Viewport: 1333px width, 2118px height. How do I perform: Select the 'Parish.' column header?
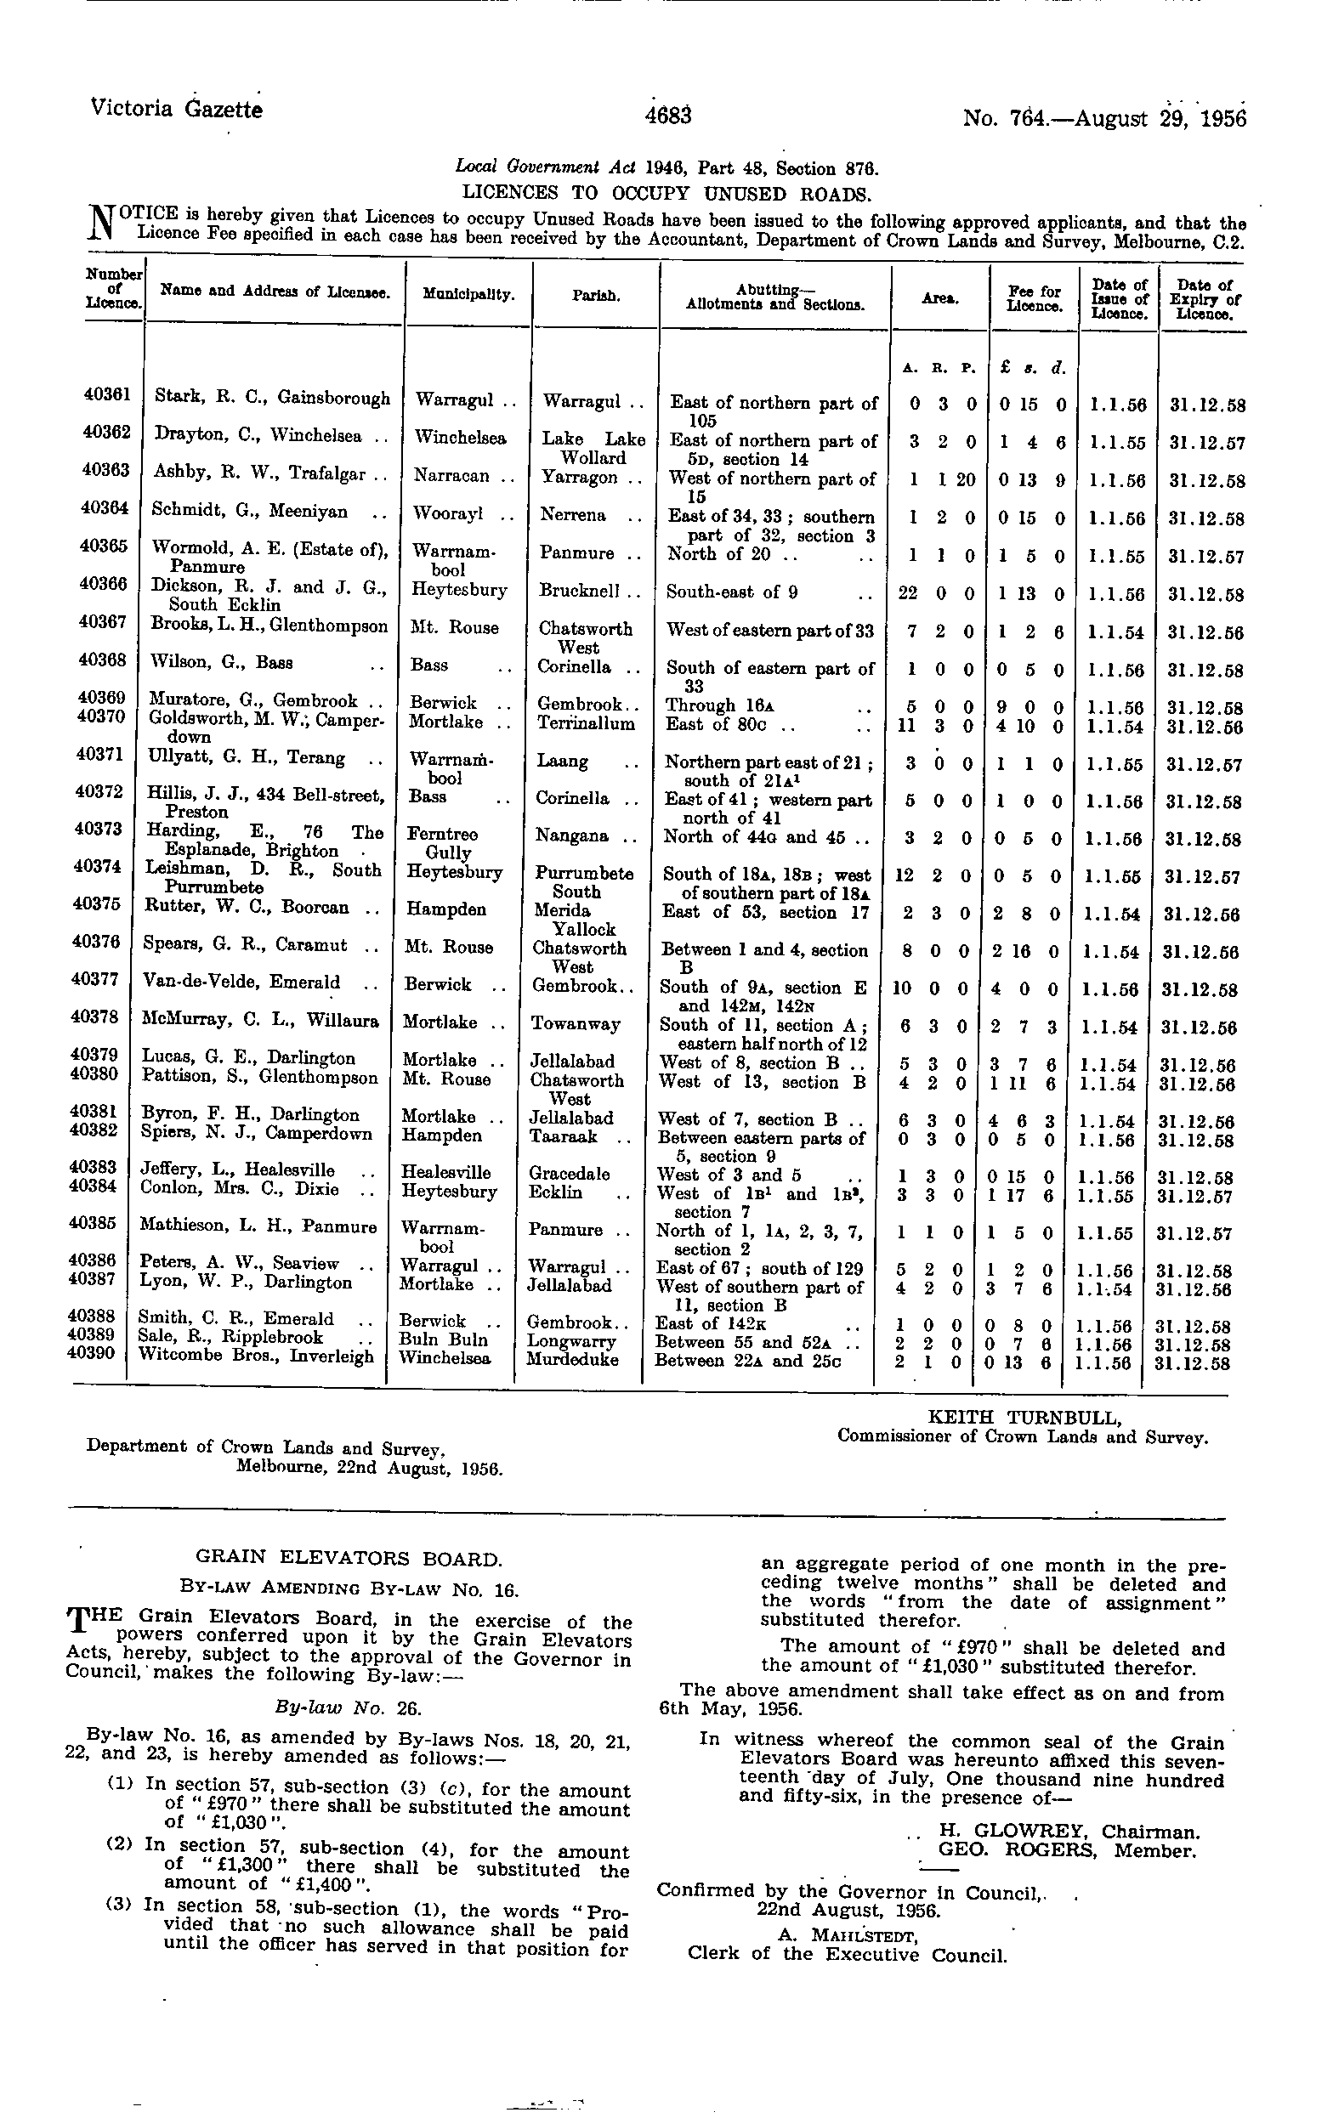point(596,297)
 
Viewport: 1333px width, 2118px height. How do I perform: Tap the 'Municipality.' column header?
point(468,295)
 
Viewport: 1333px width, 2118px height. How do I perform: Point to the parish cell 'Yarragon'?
point(580,478)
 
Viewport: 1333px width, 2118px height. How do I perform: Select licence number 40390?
point(92,1353)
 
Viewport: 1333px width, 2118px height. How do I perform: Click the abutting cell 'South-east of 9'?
point(731,592)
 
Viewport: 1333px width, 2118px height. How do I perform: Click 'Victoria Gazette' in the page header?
point(176,110)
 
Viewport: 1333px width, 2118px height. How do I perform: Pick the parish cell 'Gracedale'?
point(570,1174)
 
